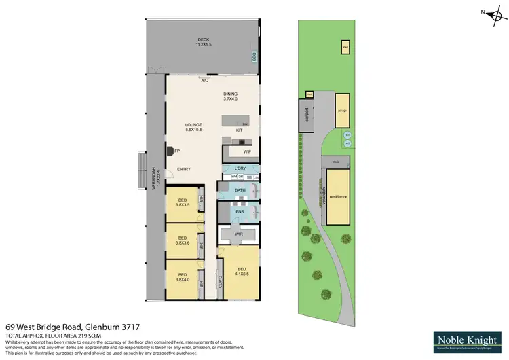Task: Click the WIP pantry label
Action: (x=247, y=152)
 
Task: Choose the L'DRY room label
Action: (x=240, y=168)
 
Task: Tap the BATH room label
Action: (x=240, y=190)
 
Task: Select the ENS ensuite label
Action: (x=240, y=212)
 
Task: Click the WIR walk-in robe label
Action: (x=239, y=234)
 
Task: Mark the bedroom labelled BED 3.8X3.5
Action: (x=182, y=202)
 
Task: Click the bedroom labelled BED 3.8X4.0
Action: (x=182, y=276)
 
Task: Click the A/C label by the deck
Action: (x=204, y=80)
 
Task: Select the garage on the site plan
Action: (x=341, y=109)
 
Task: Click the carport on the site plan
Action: (x=305, y=116)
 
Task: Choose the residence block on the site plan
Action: (x=338, y=197)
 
